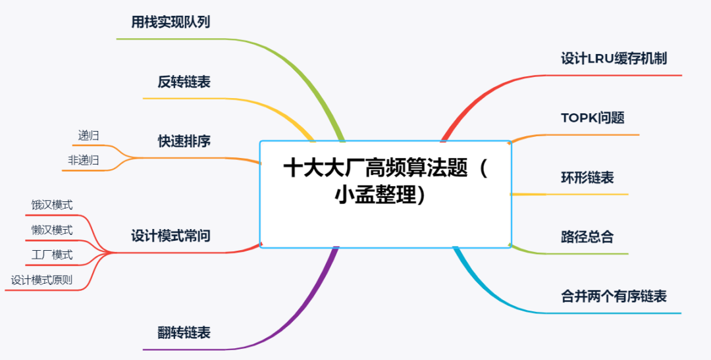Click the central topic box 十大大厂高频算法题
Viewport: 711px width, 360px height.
coord(385,195)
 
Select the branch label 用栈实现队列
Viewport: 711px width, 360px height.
coord(171,22)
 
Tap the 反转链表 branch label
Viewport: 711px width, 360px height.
coord(184,82)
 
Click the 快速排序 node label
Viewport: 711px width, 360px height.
coord(184,141)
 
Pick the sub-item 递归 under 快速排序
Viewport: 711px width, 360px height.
coord(88,135)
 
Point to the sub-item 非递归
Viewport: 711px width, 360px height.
coord(84,160)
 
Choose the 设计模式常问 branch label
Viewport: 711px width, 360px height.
coord(171,236)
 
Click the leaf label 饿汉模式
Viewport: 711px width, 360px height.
coord(52,205)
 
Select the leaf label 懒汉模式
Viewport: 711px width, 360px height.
coord(52,230)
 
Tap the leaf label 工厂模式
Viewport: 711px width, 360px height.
coord(52,255)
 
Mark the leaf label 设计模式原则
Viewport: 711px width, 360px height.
coord(41,280)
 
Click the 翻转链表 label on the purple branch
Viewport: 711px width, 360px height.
coord(184,333)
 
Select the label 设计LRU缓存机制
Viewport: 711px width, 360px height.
coord(614,59)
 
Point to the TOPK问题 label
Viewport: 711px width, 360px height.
coord(592,118)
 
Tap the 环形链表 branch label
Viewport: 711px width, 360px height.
coord(587,177)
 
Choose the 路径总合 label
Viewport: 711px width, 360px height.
coord(587,237)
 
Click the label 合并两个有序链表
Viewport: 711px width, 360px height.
coord(614,297)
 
